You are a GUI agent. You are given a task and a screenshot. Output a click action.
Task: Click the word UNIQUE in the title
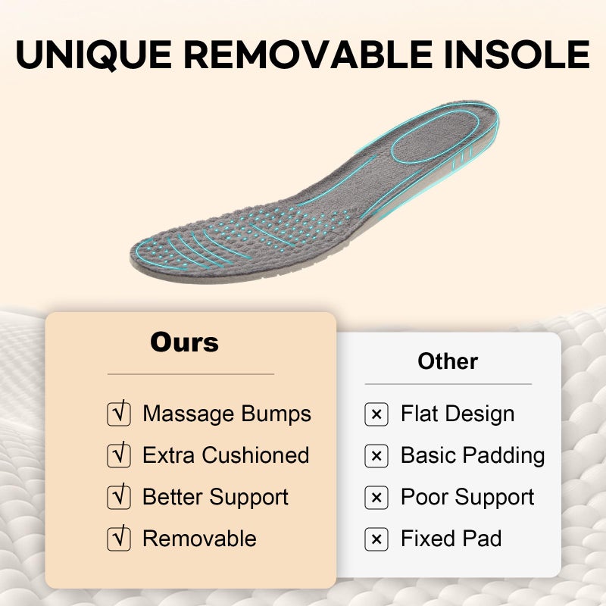click(x=94, y=55)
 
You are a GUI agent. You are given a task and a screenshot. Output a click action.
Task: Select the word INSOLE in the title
click(x=517, y=54)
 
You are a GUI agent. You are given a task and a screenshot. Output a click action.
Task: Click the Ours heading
click(x=184, y=342)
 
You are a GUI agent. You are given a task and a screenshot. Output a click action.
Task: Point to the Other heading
click(x=448, y=361)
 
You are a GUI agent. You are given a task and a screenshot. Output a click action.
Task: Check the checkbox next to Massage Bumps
click(x=119, y=414)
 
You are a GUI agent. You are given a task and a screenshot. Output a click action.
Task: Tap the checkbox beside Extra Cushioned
click(x=119, y=455)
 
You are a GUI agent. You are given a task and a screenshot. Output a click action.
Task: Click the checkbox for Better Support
click(x=119, y=497)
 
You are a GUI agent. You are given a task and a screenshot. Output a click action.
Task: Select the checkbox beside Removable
click(x=119, y=539)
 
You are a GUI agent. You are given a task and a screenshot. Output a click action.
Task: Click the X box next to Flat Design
click(x=376, y=414)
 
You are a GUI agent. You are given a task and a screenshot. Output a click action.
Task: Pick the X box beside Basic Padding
click(x=376, y=456)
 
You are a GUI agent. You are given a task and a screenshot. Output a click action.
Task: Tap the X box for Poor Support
click(x=376, y=498)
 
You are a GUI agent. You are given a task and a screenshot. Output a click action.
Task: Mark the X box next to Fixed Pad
click(x=376, y=539)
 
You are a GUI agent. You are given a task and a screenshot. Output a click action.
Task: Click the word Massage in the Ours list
click(x=188, y=414)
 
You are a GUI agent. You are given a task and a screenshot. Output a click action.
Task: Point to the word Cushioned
click(x=255, y=455)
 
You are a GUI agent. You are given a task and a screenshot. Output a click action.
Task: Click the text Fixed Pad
click(x=451, y=539)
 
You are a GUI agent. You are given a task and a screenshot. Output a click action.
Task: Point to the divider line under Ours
click(x=191, y=374)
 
